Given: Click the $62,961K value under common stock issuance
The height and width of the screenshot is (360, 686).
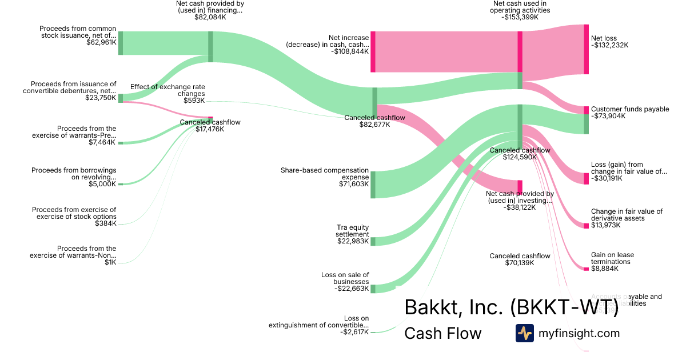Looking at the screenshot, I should pyautogui.click(x=101, y=42).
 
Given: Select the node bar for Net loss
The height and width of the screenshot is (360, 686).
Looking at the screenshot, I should pyautogui.click(x=586, y=49).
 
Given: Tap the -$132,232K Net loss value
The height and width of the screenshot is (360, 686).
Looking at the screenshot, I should pyautogui.click(x=609, y=45).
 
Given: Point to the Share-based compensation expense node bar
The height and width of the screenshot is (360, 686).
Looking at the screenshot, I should pyautogui.click(x=373, y=184).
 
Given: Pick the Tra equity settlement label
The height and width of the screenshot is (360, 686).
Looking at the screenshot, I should pyautogui.click(x=353, y=230).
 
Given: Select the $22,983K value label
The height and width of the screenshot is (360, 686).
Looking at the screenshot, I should pyautogui.click(x=353, y=241).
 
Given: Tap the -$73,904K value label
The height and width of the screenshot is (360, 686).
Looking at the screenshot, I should pyautogui.click(x=608, y=116).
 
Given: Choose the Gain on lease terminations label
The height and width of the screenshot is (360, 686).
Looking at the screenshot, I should pyautogui.click(x=612, y=258).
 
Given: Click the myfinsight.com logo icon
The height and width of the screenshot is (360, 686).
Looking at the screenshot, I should pyautogui.click(x=524, y=333).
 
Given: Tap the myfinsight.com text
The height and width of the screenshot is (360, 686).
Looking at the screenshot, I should pyautogui.click(x=579, y=333).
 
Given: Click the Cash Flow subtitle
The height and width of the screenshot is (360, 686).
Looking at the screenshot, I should pyautogui.click(x=442, y=333).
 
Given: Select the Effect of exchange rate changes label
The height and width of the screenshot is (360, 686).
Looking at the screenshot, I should pyautogui.click(x=167, y=90).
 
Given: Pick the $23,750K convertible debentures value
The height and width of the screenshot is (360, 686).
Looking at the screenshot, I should pyautogui.click(x=101, y=98).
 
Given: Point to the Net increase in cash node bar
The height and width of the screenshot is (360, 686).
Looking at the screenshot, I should pyautogui.click(x=373, y=51).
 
